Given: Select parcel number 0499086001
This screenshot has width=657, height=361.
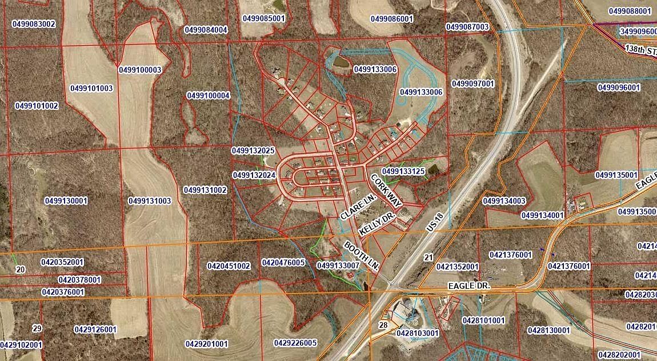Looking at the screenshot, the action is coord(391,18).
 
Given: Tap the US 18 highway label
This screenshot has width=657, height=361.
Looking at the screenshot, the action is coord(435,221).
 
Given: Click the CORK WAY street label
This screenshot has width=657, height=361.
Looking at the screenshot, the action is coord(387,190).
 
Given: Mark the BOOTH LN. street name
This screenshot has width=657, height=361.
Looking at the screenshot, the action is coord(362,256).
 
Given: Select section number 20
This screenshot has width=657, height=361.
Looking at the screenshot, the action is coord(20,269).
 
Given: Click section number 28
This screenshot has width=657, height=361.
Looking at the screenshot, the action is coord(383,325).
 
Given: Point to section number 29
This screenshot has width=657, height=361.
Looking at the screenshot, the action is coord(37,328).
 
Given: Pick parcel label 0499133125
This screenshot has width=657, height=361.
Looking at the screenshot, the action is coord(403,171).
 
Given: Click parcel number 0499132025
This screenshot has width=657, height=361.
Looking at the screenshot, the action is coord(254,150).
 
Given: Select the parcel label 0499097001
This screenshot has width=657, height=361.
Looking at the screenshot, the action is coord(472,84).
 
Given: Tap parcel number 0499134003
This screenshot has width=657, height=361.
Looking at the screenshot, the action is coord(504,201).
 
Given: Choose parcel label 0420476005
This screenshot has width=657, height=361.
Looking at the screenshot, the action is coord(283,263).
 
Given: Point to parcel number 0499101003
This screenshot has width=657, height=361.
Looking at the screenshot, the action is coord(91,88).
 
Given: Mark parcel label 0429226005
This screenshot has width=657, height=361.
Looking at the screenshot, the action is coord(295,343).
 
